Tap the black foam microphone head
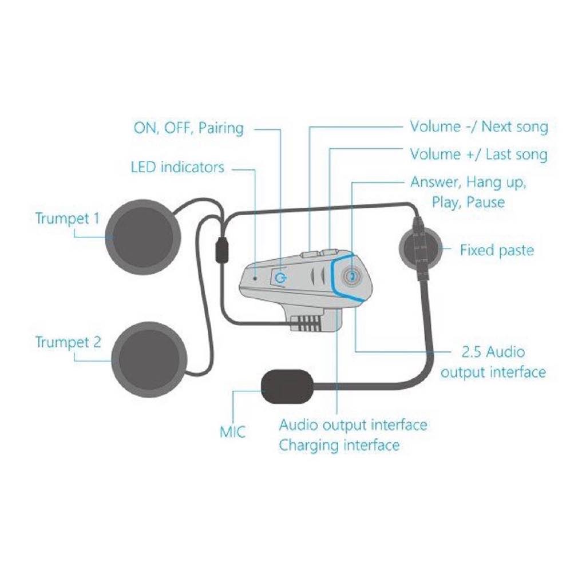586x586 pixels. (287, 387)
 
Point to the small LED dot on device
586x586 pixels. (254, 278)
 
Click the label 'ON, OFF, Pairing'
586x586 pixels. (188, 128)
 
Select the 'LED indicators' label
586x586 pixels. (177, 167)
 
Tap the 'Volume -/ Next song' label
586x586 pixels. (478, 126)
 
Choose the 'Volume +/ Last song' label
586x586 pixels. (478, 155)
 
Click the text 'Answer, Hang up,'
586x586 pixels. (468, 183)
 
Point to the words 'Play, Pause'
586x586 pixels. (468, 203)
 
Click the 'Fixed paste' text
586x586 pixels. (496, 250)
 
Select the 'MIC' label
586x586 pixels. (233, 431)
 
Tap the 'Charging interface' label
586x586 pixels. (339, 445)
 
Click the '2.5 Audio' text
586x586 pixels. (493, 352)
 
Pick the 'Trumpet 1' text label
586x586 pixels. (68, 219)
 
